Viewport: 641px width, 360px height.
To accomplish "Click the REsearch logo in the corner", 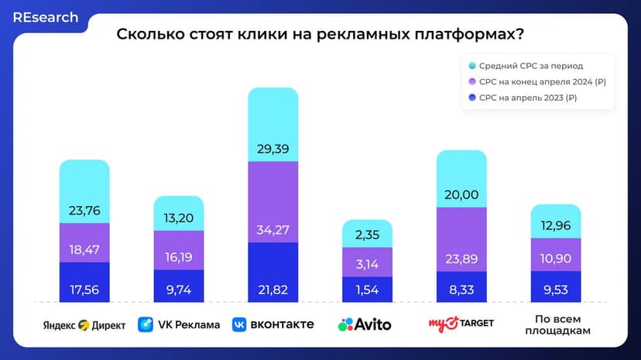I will (46, 17).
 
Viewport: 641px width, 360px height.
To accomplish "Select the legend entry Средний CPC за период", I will (530, 66).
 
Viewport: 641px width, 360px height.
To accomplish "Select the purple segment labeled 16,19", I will (178, 252).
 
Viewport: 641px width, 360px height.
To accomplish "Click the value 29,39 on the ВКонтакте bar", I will (273, 147).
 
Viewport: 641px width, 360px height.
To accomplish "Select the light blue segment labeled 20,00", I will (461, 194).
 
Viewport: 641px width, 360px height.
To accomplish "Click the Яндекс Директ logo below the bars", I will (84, 324).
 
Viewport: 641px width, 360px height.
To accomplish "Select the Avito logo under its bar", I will (365, 324).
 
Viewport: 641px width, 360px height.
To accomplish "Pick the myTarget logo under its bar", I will (461, 323).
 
